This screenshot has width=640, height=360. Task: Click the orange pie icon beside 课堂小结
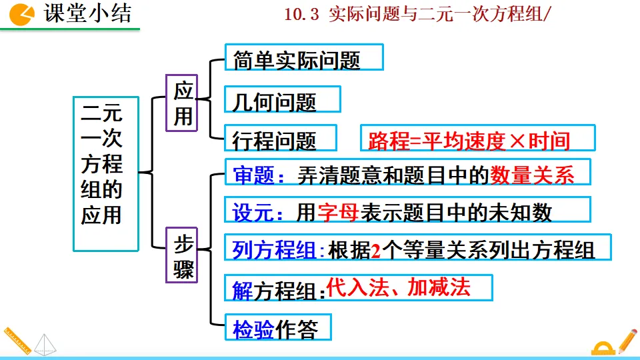(22, 13)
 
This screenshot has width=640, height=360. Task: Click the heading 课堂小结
(87, 13)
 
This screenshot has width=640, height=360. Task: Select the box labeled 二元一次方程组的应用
(105, 173)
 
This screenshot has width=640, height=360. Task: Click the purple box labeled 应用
(182, 103)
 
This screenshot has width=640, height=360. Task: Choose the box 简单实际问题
(304, 59)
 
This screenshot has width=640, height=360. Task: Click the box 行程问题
(281, 139)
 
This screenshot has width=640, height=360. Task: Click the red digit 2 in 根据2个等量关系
(375, 250)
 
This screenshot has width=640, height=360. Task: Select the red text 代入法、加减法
(398, 287)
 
